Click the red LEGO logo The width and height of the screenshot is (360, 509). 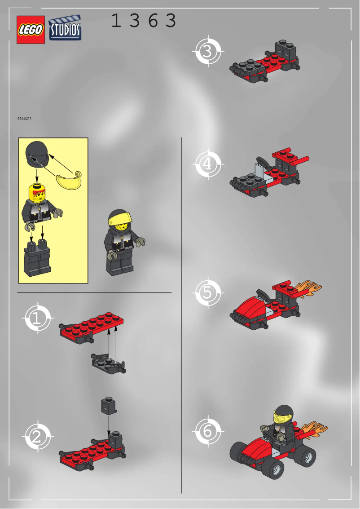point(31,30)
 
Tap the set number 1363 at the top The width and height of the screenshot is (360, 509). point(144,21)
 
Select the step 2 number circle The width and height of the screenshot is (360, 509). point(37,436)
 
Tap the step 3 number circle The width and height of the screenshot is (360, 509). point(207,51)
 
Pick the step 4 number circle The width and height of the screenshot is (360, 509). point(207,164)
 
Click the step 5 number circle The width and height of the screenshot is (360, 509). point(207,293)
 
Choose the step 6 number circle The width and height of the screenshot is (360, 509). point(207,431)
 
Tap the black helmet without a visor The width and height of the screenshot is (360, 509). point(36,155)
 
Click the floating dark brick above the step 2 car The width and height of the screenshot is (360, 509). point(108,405)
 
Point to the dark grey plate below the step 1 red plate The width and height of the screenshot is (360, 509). point(107,364)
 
